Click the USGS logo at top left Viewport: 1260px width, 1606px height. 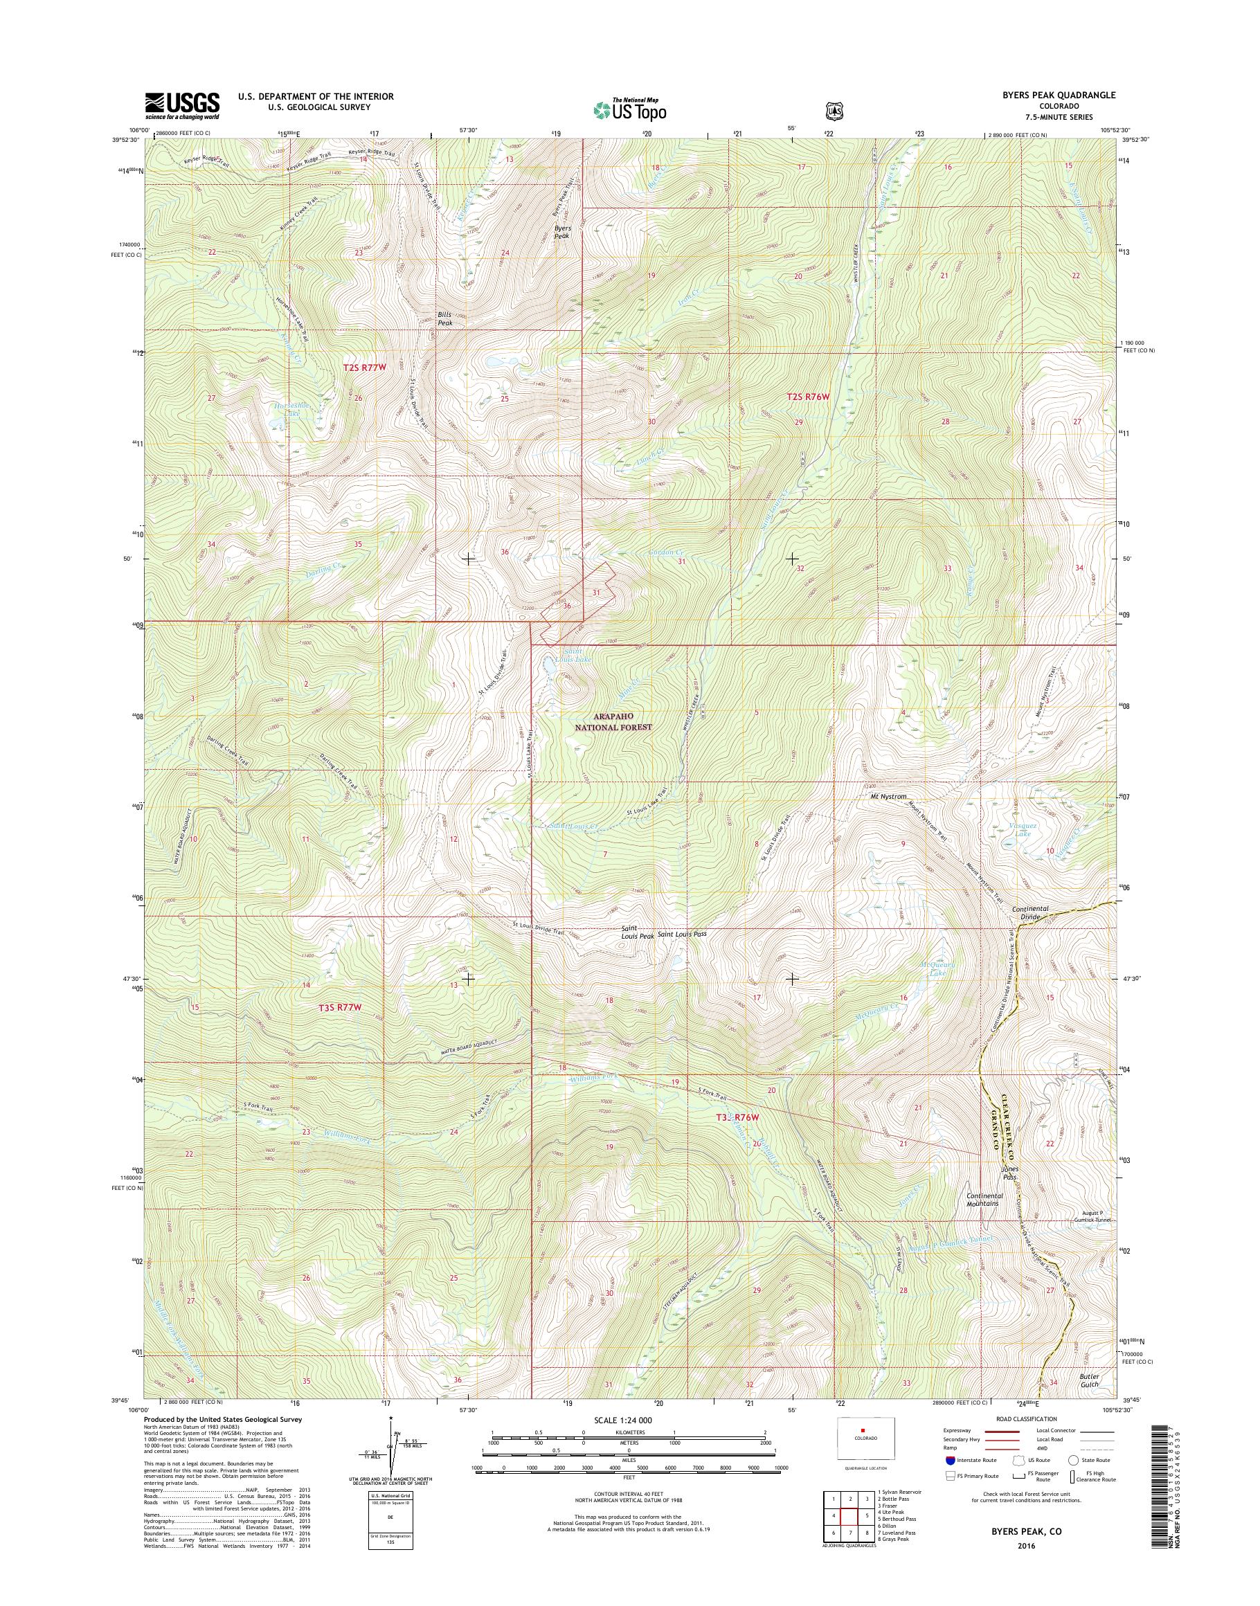pos(182,105)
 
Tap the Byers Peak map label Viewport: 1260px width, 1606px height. pos(563,233)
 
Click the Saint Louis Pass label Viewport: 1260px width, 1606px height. pos(682,934)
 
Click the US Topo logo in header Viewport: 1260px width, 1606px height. pos(629,110)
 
